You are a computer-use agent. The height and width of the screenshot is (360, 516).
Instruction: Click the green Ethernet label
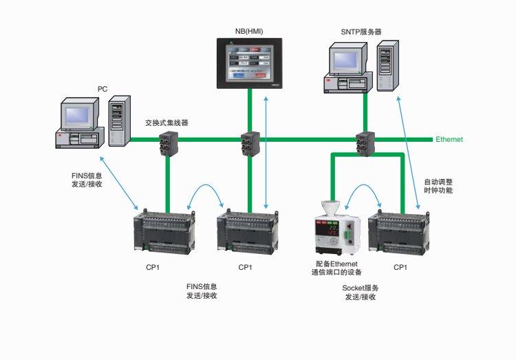pos(449,139)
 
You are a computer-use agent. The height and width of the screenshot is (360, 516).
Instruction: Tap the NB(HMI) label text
pos(248,31)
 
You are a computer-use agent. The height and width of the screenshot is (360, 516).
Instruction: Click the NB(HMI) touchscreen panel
pos(248,64)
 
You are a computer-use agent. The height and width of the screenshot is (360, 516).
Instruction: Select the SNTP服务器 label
pos(361,32)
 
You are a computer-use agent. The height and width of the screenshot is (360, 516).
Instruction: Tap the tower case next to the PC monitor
pos(117,123)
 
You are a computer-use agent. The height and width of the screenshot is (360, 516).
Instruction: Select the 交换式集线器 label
pos(166,123)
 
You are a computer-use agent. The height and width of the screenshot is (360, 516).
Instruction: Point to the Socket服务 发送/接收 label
pos(361,292)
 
